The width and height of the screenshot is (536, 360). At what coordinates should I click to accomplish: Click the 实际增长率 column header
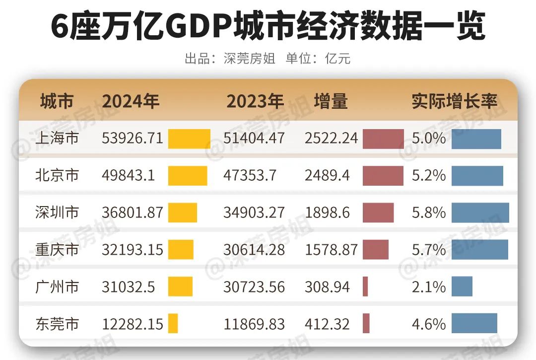[x=454, y=101]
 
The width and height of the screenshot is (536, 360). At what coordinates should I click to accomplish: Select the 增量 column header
[x=331, y=101]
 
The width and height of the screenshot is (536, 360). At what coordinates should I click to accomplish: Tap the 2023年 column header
[x=255, y=101]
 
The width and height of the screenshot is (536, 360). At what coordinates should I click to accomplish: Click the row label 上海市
[x=57, y=138]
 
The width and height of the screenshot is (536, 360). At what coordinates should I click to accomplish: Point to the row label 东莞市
[x=57, y=324]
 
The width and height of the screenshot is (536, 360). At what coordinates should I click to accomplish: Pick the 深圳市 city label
[x=57, y=213]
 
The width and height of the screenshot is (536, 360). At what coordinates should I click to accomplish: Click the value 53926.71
[x=133, y=138]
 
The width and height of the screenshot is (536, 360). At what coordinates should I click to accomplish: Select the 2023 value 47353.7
[x=250, y=175]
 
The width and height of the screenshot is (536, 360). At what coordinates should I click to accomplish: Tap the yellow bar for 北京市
[x=188, y=176]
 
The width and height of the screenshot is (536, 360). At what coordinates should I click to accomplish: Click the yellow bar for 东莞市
[x=173, y=324]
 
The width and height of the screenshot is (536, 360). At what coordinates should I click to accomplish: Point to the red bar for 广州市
[x=365, y=287]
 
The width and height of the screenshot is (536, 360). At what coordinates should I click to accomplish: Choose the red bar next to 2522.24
[x=383, y=139]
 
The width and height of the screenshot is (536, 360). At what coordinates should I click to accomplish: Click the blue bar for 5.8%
[x=480, y=213]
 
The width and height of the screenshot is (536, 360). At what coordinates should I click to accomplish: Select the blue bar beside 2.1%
[x=462, y=287]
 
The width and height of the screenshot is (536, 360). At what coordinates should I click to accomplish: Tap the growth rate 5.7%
[x=429, y=250]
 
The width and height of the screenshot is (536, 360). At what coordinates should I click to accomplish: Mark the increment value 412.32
[x=327, y=324]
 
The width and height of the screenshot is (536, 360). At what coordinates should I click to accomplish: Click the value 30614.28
[x=254, y=250]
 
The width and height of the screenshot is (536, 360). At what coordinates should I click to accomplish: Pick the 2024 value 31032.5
[x=129, y=287]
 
